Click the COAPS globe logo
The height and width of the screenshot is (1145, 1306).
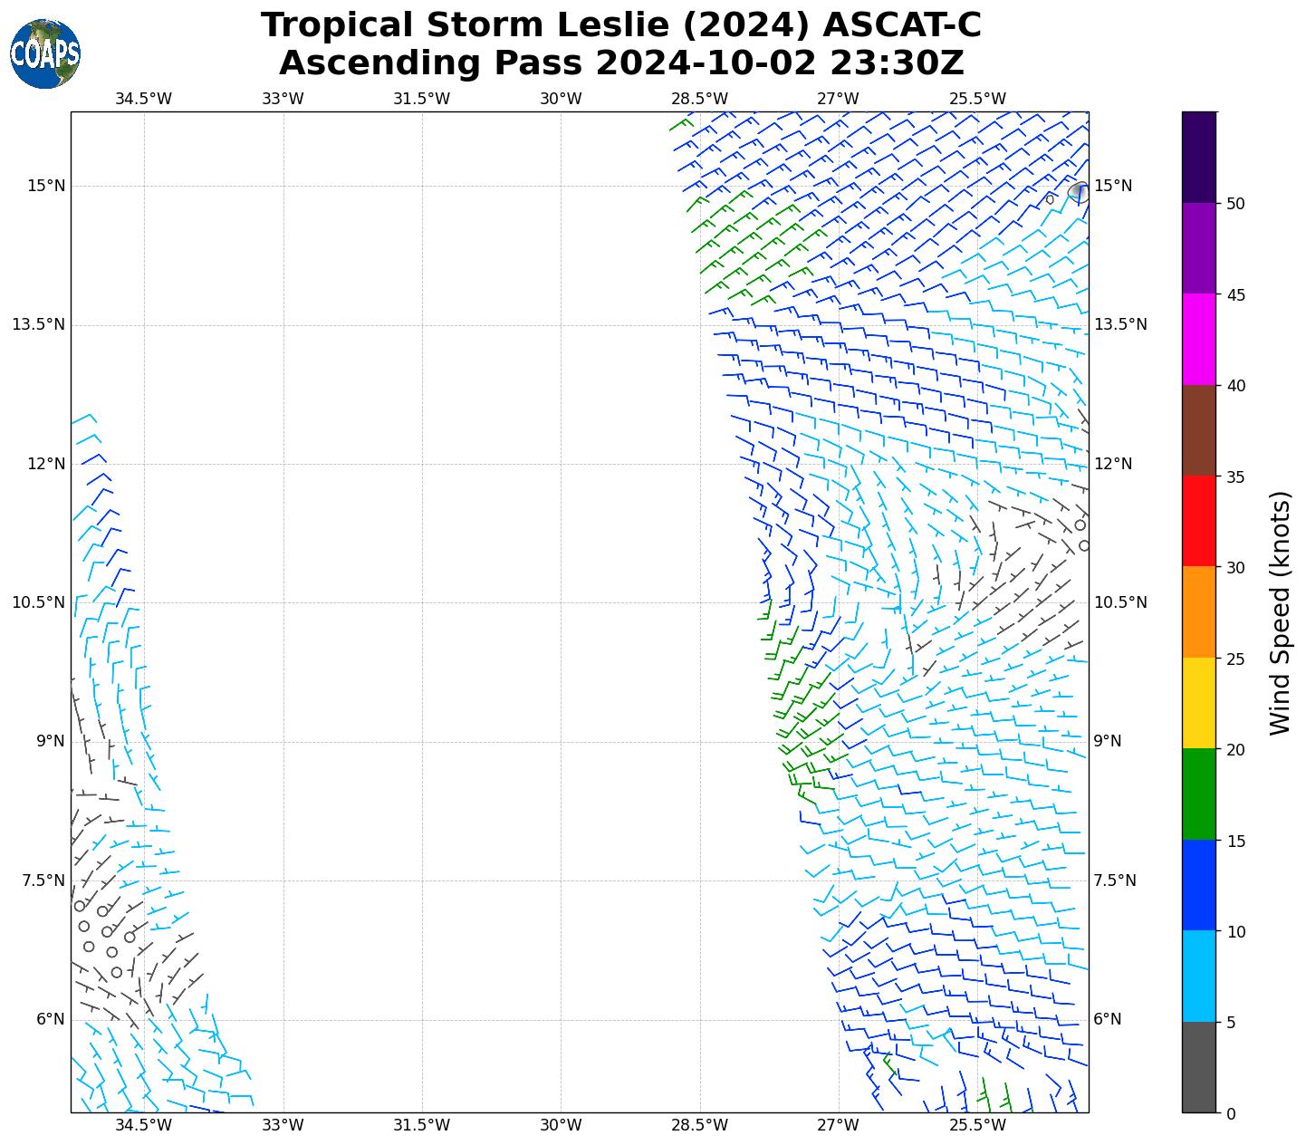(45, 53)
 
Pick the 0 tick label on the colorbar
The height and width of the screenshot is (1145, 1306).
(1230, 1113)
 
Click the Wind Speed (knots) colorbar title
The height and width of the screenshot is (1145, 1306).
(1280, 613)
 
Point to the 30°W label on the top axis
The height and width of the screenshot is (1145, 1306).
(561, 99)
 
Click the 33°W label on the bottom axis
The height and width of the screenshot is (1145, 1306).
(283, 1126)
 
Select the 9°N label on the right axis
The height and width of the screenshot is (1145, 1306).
(1108, 741)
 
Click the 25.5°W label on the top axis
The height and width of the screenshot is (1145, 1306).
(977, 99)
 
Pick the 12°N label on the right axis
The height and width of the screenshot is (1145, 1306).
(1113, 464)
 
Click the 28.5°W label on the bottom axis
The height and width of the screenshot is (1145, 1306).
(700, 1126)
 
